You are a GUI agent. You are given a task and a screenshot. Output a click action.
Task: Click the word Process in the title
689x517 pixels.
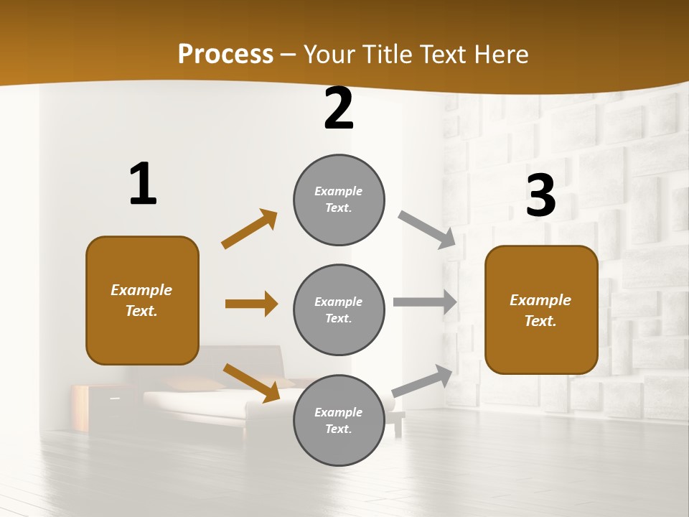pos(225,54)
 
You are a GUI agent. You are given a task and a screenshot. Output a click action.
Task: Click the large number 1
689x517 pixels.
pos(143,184)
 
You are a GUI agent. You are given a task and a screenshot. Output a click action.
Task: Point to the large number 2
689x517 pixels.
pos(339,108)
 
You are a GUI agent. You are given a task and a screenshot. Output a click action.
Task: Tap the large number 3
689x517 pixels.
pos(541,195)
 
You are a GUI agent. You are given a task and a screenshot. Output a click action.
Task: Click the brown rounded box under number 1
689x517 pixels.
pos(142,300)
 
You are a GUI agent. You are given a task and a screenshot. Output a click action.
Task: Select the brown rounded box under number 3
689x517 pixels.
pos(541,309)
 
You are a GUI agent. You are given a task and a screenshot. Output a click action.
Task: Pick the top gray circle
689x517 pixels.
pos(339,199)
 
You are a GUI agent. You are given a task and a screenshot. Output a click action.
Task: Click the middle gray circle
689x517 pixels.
pos(339,309)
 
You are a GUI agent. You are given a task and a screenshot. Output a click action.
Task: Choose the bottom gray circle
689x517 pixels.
pos(339,420)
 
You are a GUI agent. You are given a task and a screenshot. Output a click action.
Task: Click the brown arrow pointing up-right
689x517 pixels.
pos(249,229)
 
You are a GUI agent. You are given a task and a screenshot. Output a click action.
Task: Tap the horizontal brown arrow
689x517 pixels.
pos(251,304)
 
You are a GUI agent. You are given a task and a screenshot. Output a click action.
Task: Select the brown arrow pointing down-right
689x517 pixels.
pos(251,383)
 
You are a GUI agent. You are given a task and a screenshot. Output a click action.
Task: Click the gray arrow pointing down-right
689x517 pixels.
pos(426,230)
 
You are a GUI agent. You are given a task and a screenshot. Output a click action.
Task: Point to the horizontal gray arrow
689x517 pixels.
pos(425,302)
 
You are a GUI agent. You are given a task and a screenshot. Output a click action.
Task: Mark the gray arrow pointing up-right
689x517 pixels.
pos(423,381)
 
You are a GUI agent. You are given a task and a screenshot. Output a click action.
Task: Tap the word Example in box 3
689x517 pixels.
pos(540,300)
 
